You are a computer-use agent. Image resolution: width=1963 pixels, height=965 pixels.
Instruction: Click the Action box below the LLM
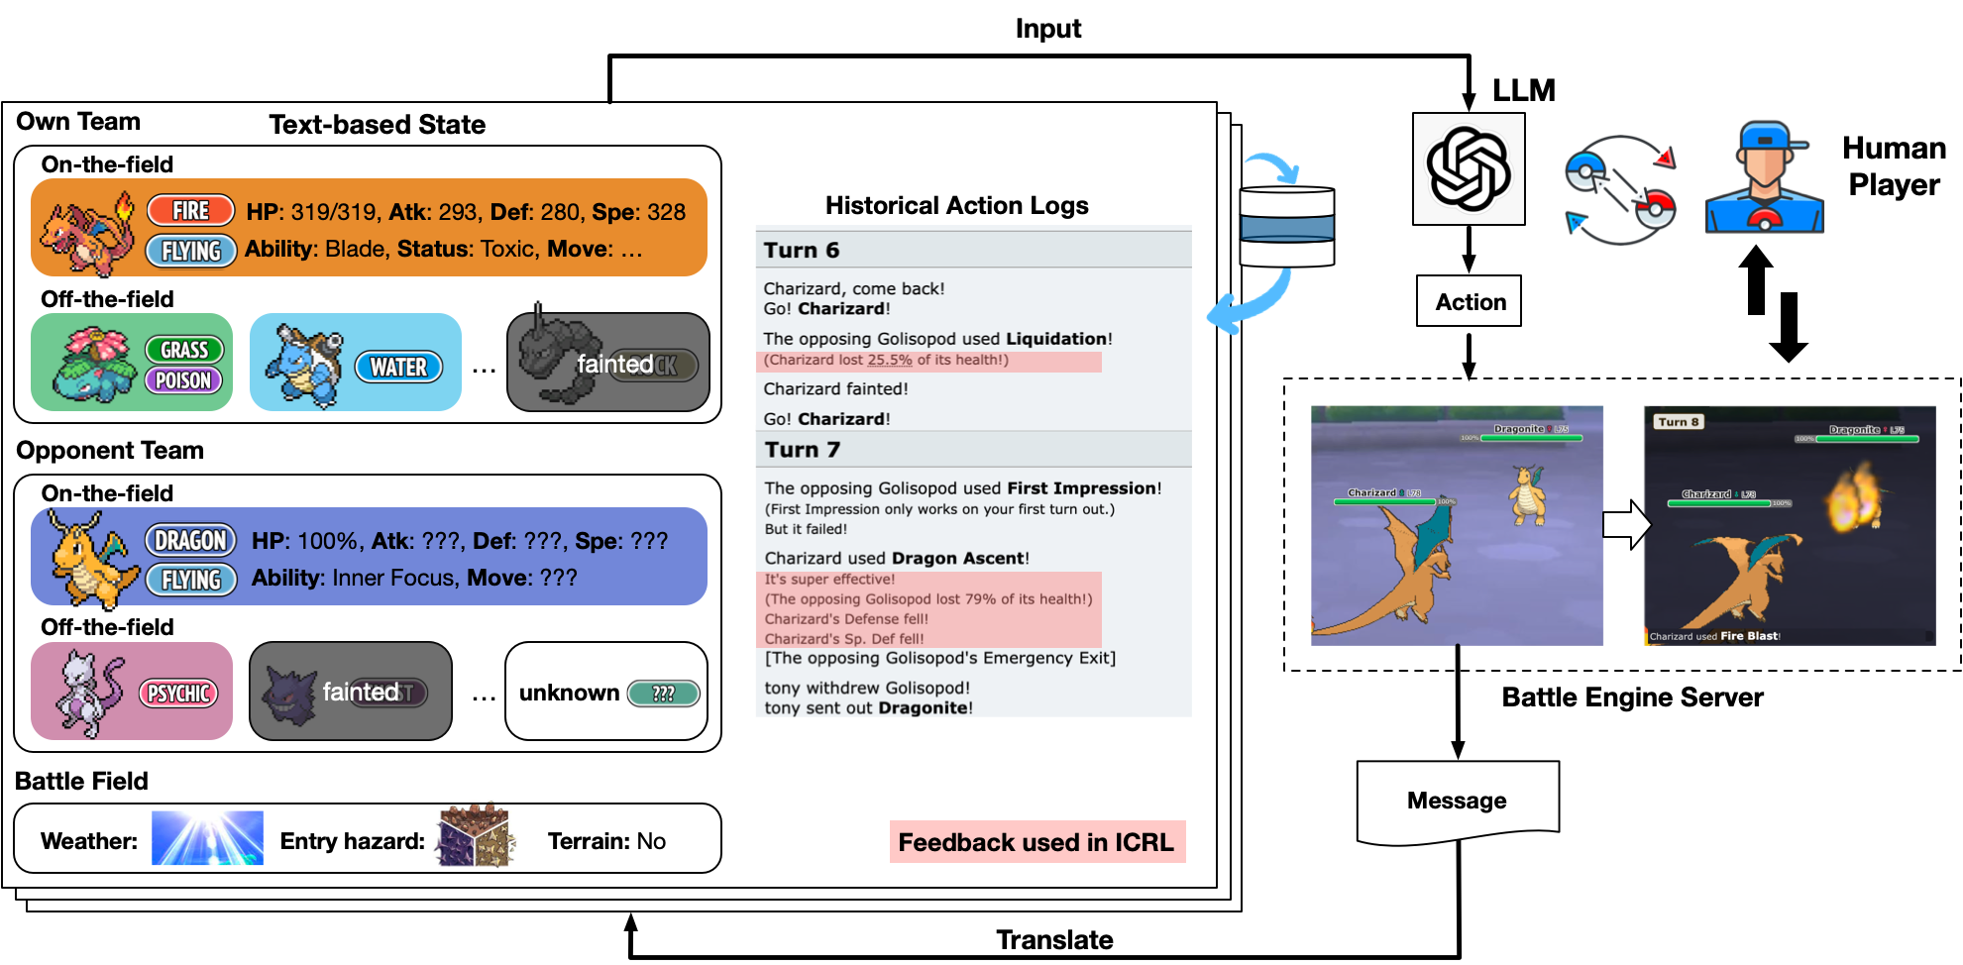(x=1469, y=301)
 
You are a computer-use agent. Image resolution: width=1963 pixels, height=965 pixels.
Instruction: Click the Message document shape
(x=1458, y=801)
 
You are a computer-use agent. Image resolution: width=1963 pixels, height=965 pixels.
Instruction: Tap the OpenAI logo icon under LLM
(x=1468, y=168)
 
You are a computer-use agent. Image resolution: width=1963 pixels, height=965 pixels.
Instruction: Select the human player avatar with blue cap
(x=1764, y=178)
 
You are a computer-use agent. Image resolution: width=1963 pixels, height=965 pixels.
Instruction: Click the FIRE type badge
(x=190, y=211)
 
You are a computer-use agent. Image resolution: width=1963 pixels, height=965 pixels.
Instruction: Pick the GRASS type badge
(x=184, y=350)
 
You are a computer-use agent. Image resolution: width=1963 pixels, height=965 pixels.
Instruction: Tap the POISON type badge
(x=183, y=380)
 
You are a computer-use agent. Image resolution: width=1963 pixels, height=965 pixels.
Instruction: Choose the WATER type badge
(x=398, y=368)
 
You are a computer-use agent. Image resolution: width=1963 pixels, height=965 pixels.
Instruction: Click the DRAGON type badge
(x=190, y=541)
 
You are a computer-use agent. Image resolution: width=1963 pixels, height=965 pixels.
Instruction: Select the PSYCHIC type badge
(x=179, y=694)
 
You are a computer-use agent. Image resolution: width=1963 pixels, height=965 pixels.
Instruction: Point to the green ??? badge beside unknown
(x=663, y=694)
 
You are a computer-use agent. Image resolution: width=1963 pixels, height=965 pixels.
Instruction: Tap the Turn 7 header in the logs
(x=802, y=450)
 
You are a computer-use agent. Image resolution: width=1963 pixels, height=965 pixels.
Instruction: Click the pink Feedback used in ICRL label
(x=1036, y=842)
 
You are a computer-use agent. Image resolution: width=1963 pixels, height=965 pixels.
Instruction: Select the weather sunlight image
(x=207, y=838)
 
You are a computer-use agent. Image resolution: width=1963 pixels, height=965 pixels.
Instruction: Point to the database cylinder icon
(x=1287, y=227)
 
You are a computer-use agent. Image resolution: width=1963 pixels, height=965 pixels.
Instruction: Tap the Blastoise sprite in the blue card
(x=303, y=363)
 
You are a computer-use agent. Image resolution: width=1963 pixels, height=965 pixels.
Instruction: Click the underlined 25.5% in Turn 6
(x=890, y=361)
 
